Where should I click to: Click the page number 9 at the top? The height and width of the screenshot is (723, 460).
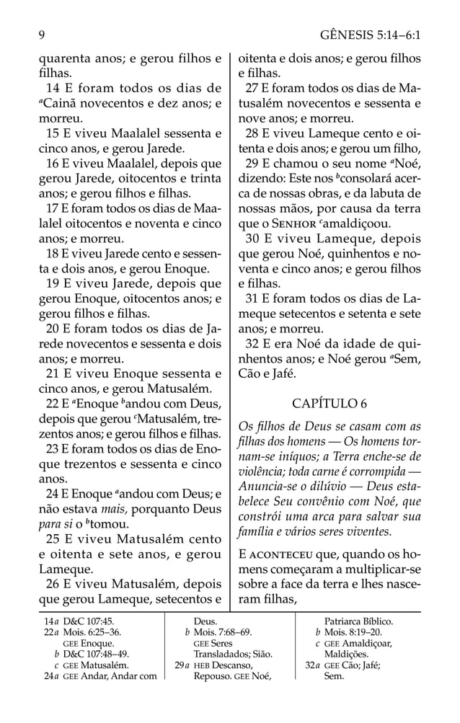point(42,34)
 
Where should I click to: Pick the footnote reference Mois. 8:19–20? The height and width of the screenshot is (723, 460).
point(353,632)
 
